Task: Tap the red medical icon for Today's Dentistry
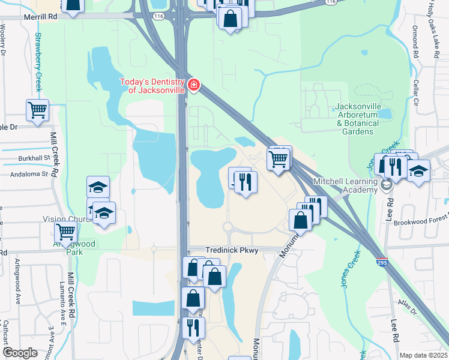[x=193, y=86]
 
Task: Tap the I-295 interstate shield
[x=382, y=263]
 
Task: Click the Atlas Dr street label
[x=410, y=310]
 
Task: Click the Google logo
[x=20, y=353]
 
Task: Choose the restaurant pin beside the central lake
[x=244, y=181]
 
